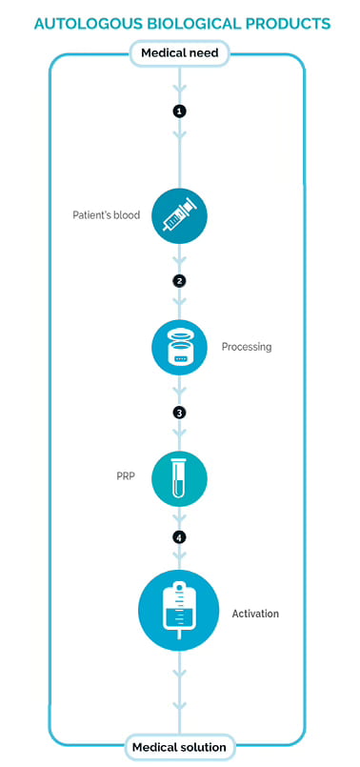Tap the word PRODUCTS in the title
coord(290,24)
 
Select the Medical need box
coord(179,52)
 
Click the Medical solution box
coord(179,747)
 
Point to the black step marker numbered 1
coord(179,111)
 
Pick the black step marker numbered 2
coord(179,281)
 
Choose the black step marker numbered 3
coord(179,413)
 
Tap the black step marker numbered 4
coord(179,538)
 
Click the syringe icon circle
coord(179,215)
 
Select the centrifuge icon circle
coord(179,348)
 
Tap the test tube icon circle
coord(179,478)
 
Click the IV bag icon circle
coord(179,610)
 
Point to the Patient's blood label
coord(106,215)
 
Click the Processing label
coord(247,348)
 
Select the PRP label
coord(125,475)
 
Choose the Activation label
coord(255,614)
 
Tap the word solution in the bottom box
coord(202,747)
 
